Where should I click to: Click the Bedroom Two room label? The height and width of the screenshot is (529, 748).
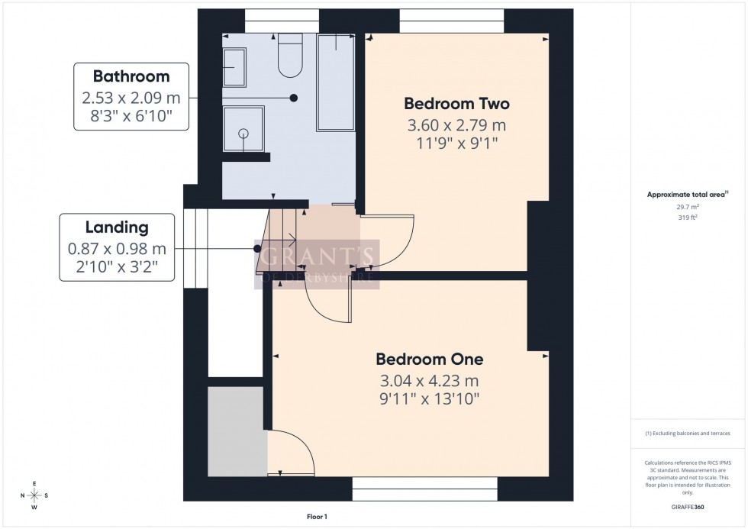456,104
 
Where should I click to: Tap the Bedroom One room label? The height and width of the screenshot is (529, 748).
430,360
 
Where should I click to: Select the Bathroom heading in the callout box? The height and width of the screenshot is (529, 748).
131,76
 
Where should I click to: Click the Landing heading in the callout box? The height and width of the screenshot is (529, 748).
117,227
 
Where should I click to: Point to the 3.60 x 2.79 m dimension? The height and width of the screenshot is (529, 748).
456,125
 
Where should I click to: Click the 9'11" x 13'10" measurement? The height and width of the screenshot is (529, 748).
430,399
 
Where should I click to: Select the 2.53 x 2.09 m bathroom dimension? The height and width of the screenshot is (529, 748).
131,98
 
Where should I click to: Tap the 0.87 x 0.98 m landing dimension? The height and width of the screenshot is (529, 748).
117,249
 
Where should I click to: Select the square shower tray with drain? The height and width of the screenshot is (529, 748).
243,133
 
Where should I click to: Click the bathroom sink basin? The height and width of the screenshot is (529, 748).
234,67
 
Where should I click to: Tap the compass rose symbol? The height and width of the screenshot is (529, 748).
35,495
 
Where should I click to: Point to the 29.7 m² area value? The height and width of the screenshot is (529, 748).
688,207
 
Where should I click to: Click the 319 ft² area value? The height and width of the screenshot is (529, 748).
688,217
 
